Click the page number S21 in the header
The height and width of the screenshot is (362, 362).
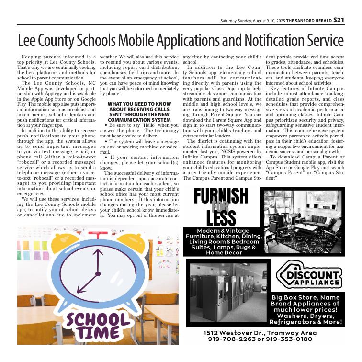tap(339, 20)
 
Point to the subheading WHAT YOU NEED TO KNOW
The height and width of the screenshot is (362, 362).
tap(139, 104)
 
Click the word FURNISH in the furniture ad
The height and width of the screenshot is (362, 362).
tap(221, 196)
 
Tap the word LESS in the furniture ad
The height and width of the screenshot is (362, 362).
tap(221, 218)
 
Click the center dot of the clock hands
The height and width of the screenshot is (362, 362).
tap(98, 274)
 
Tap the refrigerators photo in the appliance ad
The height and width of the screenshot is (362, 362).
tap(227, 293)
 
